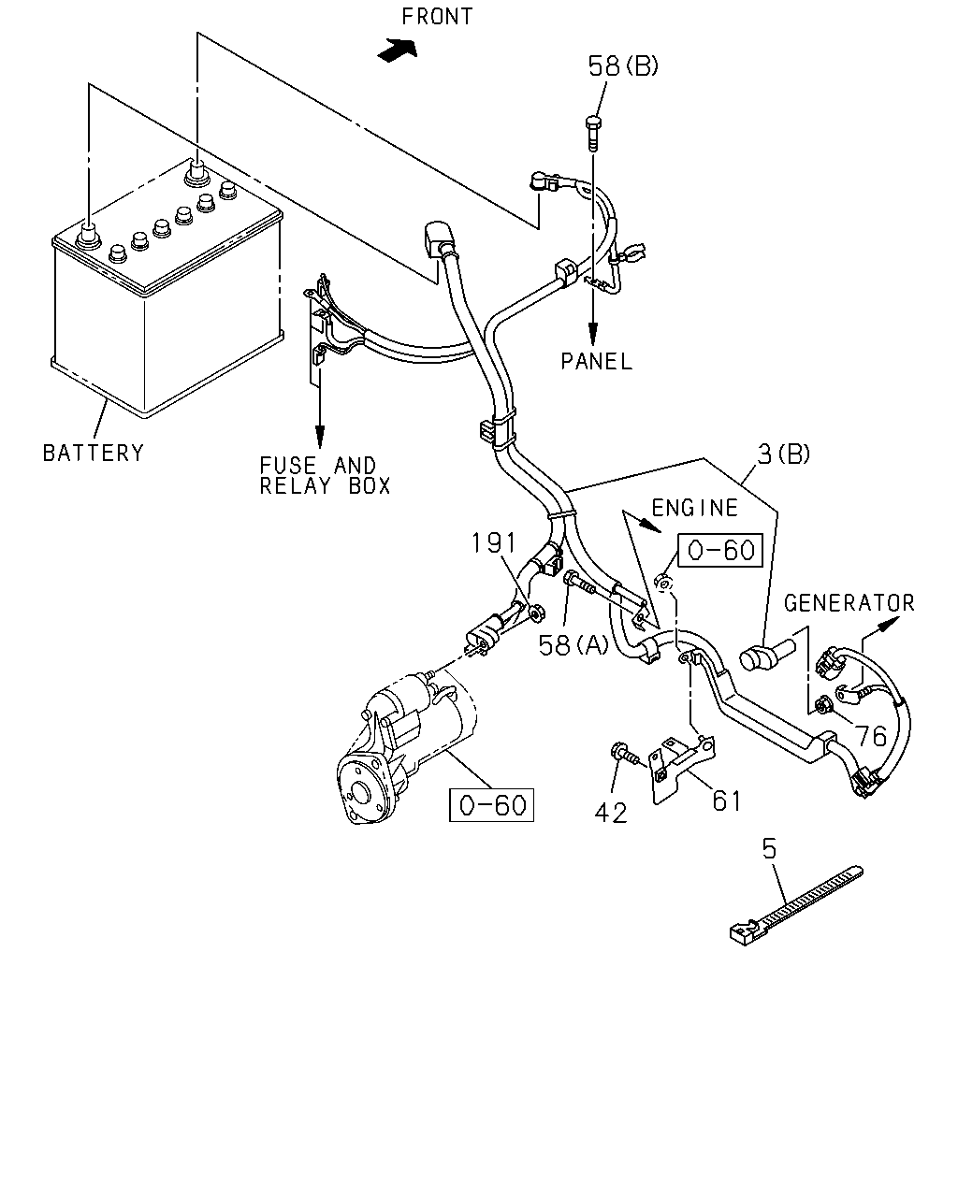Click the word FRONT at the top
point(437,17)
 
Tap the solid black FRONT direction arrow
point(397,50)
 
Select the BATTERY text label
point(94,453)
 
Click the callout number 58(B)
point(623,66)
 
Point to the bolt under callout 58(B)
point(593,134)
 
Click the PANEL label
point(596,362)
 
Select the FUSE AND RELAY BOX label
point(325,476)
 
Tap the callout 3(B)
point(784,454)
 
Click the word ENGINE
point(695,508)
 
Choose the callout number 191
point(494,542)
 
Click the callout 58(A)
point(573,645)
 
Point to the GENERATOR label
point(849,603)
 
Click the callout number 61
point(726,801)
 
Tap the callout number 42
point(611,814)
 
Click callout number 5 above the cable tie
point(769,849)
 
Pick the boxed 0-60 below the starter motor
point(491,805)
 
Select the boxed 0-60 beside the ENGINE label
point(720,550)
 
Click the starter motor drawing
point(405,745)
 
